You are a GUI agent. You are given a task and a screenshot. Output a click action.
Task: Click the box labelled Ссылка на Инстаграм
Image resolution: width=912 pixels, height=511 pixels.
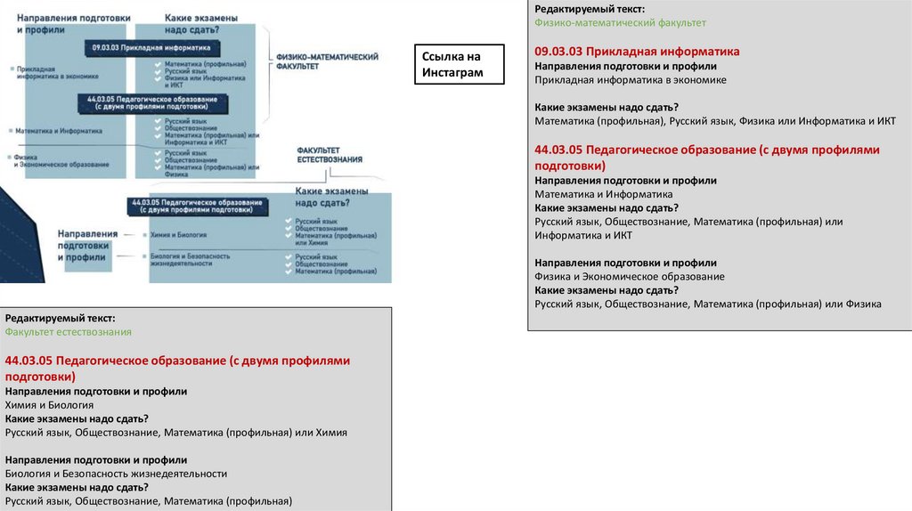click(x=459, y=65)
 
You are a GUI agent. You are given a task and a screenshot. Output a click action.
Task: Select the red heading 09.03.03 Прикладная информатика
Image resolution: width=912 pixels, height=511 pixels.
click(x=637, y=52)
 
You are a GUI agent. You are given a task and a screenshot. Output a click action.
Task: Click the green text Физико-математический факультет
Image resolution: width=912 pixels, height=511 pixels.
click(x=620, y=23)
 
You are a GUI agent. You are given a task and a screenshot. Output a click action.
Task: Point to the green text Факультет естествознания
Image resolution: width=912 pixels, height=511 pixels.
click(x=69, y=332)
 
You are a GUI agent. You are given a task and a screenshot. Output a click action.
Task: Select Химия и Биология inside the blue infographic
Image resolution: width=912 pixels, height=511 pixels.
click(x=180, y=235)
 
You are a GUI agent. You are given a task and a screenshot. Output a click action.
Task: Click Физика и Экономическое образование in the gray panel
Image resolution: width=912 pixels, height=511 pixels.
click(x=629, y=277)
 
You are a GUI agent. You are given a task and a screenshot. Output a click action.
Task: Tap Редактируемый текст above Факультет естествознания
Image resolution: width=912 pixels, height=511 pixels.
click(x=60, y=318)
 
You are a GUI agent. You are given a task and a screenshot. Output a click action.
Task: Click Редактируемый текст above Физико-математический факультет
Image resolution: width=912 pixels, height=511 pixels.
click(x=590, y=9)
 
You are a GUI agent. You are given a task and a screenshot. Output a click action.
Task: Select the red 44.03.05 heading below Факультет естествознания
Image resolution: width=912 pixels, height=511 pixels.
click(x=177, y=368)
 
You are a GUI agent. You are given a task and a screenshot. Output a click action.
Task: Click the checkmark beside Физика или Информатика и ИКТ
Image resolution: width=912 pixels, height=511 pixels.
click(x=157, y=78)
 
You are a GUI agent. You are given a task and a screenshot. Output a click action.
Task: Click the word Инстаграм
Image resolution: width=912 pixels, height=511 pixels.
click(x=452, y=73)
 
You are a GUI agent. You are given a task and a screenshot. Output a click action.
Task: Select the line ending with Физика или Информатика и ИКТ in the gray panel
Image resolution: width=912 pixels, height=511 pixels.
click(x=715, y=121)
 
